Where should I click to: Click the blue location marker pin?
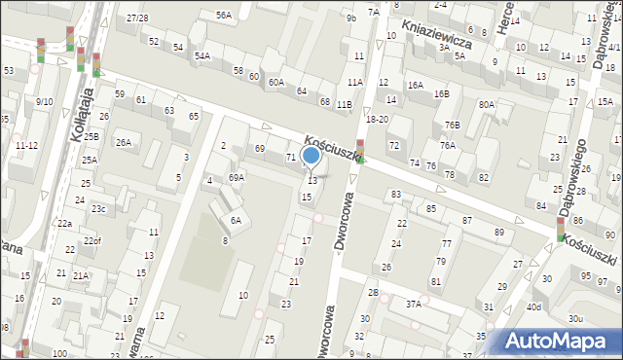coord(311,155)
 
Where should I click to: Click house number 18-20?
coord(377,119)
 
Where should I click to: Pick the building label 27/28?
coord(137,18)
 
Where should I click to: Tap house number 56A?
coord(224,15)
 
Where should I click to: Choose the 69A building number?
coord(237,178)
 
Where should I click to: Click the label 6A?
coord(236,221)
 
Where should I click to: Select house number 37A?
coord(413,304)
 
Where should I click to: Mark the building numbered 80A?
coord(487,104)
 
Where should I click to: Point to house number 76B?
coord(452,125)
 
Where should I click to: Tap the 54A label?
coord(202,56)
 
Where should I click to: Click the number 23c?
coord(98,209)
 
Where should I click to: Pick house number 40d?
coord(533,307)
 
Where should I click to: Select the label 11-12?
coord(26,145)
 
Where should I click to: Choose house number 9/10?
coord(44,101)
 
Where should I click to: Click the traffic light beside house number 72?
coord(360,152)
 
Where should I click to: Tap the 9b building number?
coord(350,18)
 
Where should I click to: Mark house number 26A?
coord(124,143)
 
